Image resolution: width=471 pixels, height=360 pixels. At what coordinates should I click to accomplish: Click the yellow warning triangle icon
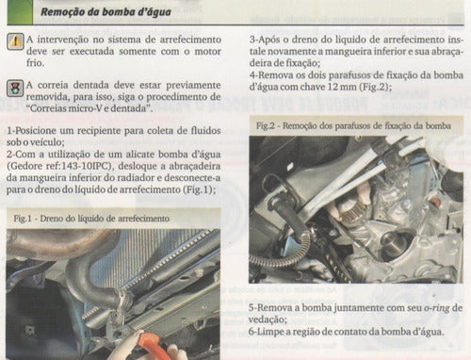point(15,41)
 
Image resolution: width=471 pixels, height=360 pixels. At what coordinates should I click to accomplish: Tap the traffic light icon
point(15,88)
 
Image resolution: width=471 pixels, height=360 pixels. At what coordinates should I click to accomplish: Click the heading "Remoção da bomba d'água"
point(106,12)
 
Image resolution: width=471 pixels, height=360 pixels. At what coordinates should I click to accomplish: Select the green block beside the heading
point(20,12)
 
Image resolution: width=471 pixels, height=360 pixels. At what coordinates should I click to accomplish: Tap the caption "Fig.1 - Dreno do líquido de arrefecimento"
point(91,219)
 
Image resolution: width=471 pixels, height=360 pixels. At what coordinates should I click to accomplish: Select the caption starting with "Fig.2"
point(353,125)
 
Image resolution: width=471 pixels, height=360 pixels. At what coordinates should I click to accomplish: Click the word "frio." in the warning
point(35,62)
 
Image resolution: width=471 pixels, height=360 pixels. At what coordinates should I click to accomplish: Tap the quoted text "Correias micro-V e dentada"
point(88,108)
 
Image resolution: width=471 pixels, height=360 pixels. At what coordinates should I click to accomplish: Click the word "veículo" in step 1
point(49,142)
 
